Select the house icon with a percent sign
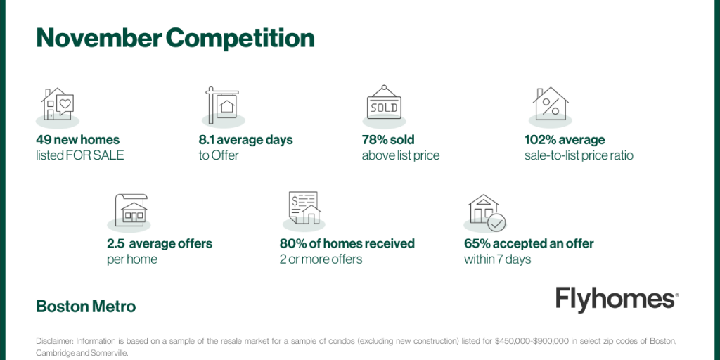click(551, 104)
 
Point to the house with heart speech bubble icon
click(58, 104)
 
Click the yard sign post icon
click(222, 105)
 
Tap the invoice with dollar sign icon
click(304, 207)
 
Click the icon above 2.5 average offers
click(131, 209)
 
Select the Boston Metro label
click(86, 307)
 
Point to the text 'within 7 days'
click(497, 259)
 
